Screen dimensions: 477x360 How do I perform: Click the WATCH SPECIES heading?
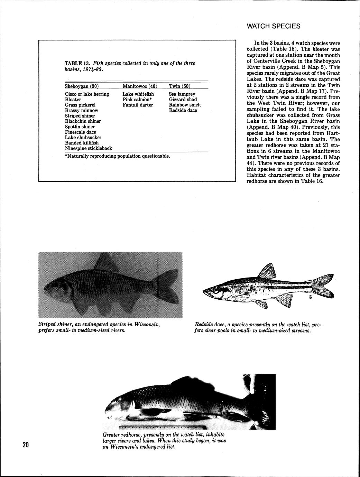(x=274, y=27)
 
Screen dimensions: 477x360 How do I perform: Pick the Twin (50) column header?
(x=179, y=86)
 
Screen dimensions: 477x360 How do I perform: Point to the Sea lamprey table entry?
(x=182, y=94)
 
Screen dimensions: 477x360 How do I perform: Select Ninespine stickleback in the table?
(x=88, y=148)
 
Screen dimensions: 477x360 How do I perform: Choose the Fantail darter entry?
(x=138, y=105)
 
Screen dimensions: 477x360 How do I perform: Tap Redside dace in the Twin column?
(x=183, y=110)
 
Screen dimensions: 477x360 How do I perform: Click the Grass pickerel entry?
(x=80, y=105)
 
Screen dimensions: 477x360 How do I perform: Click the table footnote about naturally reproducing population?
(x=118, y=156)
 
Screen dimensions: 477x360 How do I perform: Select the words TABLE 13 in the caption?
(x=77, y=63)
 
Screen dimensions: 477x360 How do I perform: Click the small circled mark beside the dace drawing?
(x=310, y=297)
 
